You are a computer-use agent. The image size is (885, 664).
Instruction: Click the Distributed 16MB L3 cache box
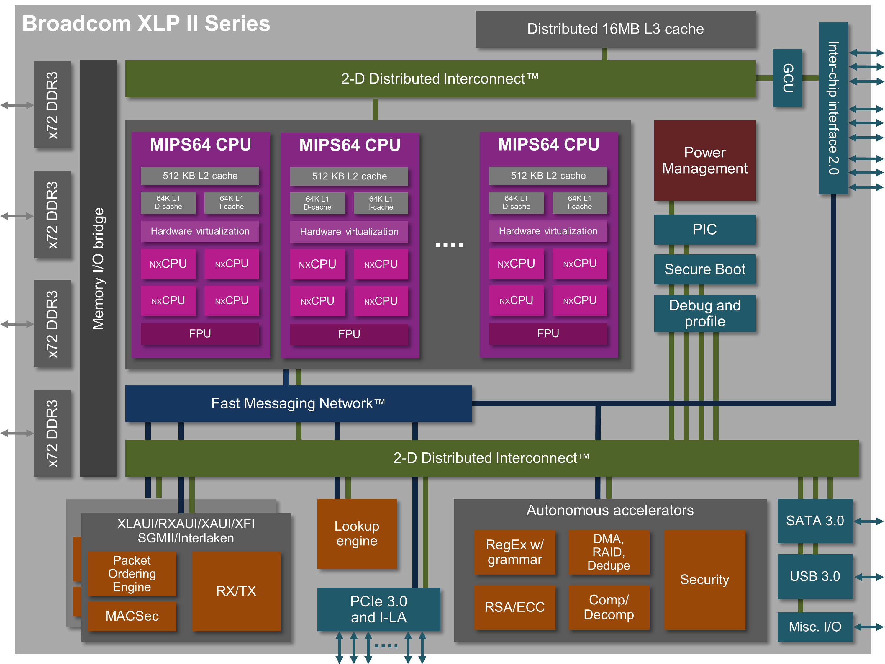[x=615, y=29]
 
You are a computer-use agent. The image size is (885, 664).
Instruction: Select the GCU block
[x=787, y=78]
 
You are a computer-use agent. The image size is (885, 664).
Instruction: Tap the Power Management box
[x=704, y=160]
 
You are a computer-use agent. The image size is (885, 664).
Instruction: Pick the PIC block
[x=704, y=229]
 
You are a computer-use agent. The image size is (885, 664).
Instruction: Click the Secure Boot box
[x=704, y=269]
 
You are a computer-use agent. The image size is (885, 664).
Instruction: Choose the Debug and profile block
[x=704, y=313]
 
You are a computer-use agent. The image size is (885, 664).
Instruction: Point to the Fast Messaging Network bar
[x=298, y=403]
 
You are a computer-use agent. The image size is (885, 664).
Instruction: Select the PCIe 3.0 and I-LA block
[x=378, y=609]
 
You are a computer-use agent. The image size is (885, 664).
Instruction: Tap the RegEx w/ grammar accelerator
[x=514, y=552]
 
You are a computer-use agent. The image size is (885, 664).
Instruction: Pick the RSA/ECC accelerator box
[x=514, y=607]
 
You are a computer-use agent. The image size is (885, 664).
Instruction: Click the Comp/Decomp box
[x=609, y=607]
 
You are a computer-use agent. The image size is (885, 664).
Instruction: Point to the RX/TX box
[x=236, y=591]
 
